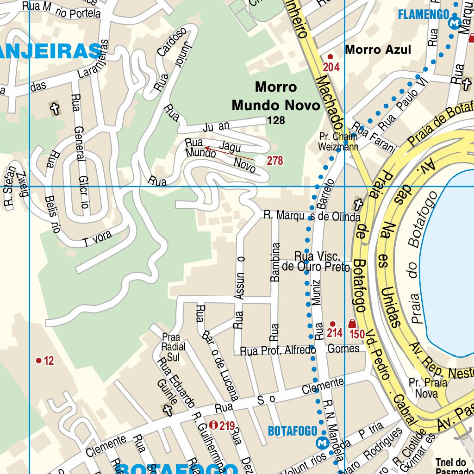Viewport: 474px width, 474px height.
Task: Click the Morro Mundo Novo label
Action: [x=276, y=96]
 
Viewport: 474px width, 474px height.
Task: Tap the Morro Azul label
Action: [x=378, y=50]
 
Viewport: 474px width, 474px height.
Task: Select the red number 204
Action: [x=331, y=68]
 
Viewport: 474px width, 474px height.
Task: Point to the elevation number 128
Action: [x=276, y=121]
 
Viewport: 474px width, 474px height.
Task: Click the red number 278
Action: [x=274, y=161]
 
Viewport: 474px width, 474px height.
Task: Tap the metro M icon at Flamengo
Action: [x=455, y=22]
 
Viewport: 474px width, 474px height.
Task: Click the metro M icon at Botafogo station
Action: [x=322, y=443]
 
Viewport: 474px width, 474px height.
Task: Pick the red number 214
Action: [x=334, y=333]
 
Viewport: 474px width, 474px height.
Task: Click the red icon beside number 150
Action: [x=352, y=324]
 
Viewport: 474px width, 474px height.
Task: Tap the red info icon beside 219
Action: [x=213, y=424]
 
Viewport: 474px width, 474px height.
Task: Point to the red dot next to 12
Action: [x=39, y=360]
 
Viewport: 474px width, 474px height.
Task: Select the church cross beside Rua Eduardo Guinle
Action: [x=167, y=409]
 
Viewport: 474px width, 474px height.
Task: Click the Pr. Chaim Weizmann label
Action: [x=338, y=142]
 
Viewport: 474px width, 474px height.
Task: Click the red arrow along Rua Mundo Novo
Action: [x=229, y=154]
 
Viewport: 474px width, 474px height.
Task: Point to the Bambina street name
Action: [x=275, y=262]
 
